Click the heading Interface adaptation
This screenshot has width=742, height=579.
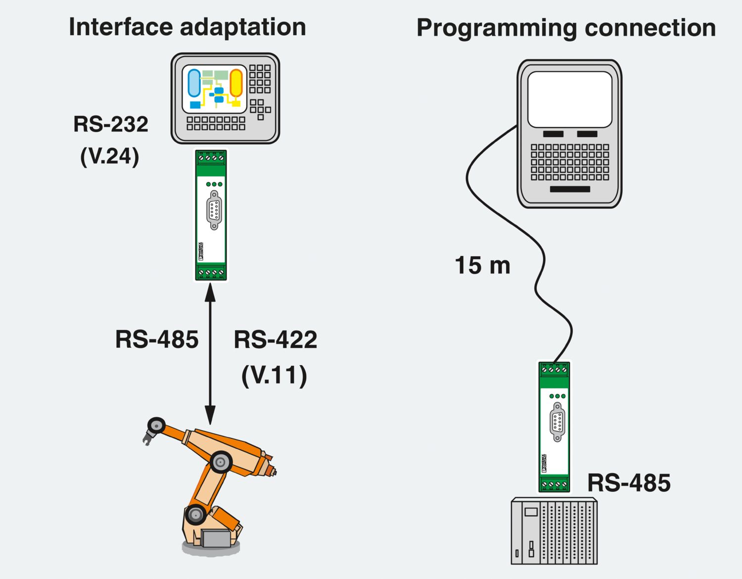click(187, 27)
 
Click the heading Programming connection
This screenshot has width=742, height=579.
click(566, 28)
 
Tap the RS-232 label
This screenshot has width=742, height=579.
click(111, 124)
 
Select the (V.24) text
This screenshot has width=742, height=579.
click(110, 156)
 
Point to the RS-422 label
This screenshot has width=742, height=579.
click(275, 340)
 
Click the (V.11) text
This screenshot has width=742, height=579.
click(274, 375)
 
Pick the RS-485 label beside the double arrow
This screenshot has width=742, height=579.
click(157, 340)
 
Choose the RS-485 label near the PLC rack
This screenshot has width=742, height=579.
click(629, 483)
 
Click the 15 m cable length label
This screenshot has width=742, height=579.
click(482, 266)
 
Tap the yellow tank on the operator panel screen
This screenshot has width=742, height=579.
click(236, 83)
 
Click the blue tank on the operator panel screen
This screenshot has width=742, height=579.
click(194, 83)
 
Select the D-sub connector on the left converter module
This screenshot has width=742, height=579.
click(214, 210)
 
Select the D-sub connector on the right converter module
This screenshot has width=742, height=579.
click(557, 422)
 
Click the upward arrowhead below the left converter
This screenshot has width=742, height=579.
click(210, 293)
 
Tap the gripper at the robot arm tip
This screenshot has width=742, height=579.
click(148, 437)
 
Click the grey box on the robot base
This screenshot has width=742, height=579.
click(216, 538)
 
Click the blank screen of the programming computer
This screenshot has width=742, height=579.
click(570, 99)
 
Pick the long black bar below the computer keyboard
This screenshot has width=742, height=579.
click(570, 189)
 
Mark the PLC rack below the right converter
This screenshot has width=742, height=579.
click(554, 531)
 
